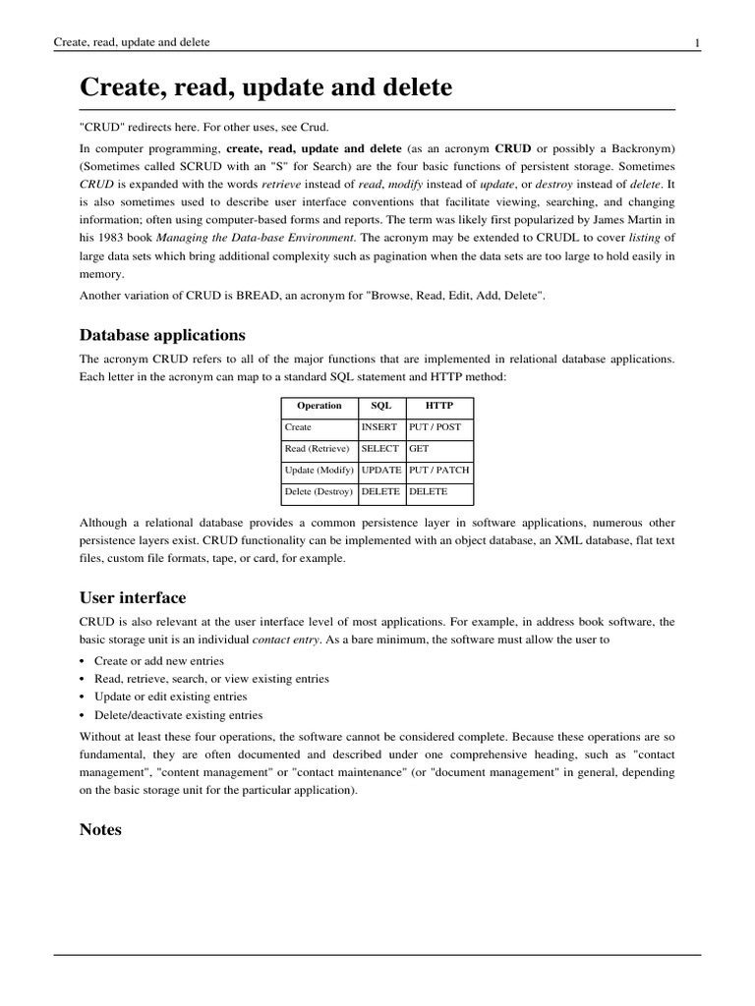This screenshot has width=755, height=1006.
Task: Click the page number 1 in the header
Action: pyautogui.click(x=697, y=42)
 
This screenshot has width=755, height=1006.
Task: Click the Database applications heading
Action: pyautogui.click(x=162, y=335)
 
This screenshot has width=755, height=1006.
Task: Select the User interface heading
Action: pyautogui.click(x=133, y=597)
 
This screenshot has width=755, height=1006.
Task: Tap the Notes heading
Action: pyautogui.click(x=100, y=829)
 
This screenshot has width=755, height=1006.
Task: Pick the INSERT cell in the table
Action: pyautogui.click(x=379, y=427)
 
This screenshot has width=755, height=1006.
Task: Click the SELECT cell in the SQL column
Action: pyautogui.click(x=380, y=448)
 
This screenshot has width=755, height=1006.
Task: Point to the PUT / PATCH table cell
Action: pyautogui.click(x=438, y=470)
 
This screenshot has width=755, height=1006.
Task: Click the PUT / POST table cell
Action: pyautogui.click(x=435, y=427)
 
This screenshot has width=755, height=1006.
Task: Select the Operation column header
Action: pyautogui.click(x=319, y=406)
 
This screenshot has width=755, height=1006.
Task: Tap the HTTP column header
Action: pyautogui.click(x=438, y=406)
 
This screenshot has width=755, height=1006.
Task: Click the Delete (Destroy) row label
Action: pyautogui.click(x=319, y=491)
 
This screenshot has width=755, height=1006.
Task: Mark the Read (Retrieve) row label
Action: pyautogui.click(x=317, y=448)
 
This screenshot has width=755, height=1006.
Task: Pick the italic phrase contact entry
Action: pyautogui.click(x=287, y=640)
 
